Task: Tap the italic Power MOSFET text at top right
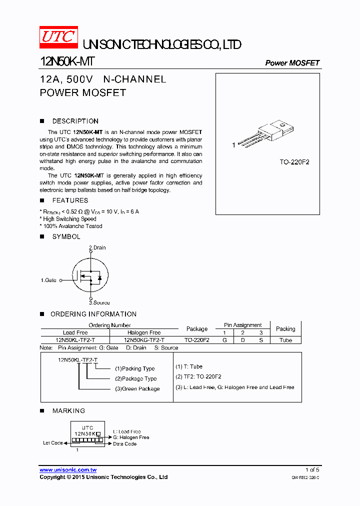[x=292, y=63]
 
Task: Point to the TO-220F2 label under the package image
[x=294, y=162]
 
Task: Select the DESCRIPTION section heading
[x=75, y=121]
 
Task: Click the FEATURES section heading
[x=70, y=200]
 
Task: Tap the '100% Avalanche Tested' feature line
[x=71, y=226]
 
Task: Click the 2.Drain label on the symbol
[x=97, y=247]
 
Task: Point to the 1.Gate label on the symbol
[x=49, y=280]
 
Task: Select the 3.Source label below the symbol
[x=99, y=302]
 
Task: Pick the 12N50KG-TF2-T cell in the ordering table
[x=144, y=340]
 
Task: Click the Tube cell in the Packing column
[x=285, y=340]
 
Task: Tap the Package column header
[x=197, y=329]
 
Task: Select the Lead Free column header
[x=75, y=332]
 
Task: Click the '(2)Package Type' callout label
[x=135, y=378]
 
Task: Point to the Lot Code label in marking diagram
[x=53, y=443]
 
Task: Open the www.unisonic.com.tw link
[x=68, y=470]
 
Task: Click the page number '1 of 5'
[x=312, y=470]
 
